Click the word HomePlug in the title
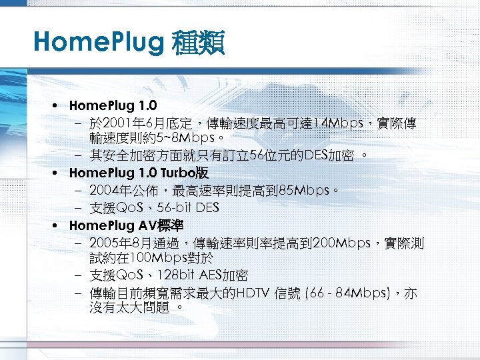click(97, 44)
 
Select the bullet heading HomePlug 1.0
click(113, 105)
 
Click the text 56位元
click(273, 155)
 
